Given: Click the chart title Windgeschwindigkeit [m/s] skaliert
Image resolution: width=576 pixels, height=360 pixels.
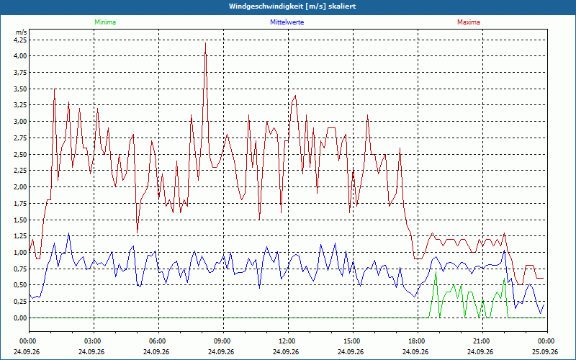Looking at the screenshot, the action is tap(292, 6).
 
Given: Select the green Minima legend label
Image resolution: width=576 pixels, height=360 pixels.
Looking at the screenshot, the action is tap(105, 22).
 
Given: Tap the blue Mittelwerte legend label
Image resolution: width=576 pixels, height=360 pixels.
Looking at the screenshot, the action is tap(287, 22).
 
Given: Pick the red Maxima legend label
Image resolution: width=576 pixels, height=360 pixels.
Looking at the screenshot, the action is tap(469, 22).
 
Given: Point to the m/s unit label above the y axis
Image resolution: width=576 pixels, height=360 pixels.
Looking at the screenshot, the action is tap(21, 32).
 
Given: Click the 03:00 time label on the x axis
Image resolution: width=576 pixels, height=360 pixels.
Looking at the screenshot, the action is tap(94, 341).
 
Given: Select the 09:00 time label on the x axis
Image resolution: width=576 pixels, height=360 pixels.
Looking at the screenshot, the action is tap(223, 341).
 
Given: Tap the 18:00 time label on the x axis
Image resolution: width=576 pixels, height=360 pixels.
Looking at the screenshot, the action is tap(418, 341).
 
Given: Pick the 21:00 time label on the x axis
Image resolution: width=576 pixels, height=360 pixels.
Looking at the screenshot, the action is tap(482, 341).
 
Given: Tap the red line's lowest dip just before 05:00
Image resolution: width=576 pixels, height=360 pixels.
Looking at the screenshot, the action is tap(137, 233).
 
